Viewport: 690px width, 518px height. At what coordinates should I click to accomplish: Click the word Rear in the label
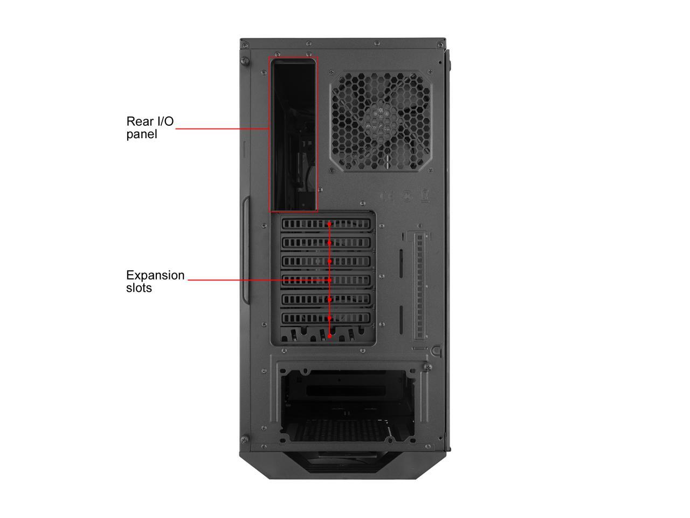click(x=139, y=121)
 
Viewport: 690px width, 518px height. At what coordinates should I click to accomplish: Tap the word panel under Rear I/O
click(x=142, y=134)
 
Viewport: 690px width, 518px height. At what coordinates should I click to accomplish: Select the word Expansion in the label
click(x=155, y=275)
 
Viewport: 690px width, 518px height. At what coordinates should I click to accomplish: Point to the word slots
click(x=139, y=288)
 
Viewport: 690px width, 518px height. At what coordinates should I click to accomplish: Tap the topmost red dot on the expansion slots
click(x=330, y=223)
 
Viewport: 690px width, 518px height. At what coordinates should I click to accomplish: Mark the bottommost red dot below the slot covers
click(x=330, y=336)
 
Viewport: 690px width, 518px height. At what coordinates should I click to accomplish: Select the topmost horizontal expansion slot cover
click(x=326, y=224)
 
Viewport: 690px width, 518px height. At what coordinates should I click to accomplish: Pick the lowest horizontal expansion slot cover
click(x=326, y=318)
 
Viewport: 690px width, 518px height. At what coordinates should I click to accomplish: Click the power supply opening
click(x=347, y=405)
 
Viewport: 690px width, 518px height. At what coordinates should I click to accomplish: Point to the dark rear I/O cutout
click(x=293, y=135)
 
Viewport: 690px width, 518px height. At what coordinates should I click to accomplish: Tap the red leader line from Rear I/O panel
click(x=221, y=129)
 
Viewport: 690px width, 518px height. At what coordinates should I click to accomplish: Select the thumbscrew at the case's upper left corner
click(x=245, y=60)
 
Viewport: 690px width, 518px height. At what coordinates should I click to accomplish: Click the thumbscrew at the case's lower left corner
click(x=244, y=440)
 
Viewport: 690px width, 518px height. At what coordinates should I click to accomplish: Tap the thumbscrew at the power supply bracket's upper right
click(x=428, y=367)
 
